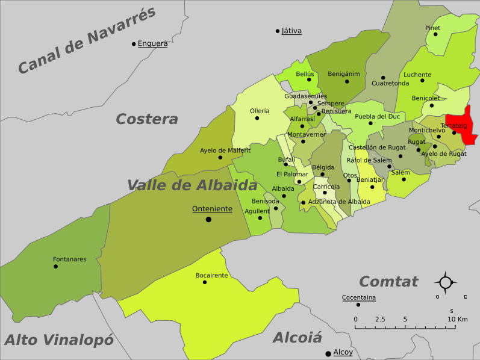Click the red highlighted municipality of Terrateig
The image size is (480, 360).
(x=463, y=123)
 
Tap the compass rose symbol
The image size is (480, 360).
(x=446, y=282)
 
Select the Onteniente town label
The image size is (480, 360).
(x=212, y=209)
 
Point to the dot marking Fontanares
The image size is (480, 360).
(x=55, y=266)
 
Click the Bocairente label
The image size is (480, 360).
(x=211, y=275)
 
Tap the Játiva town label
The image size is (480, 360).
(x=291, y=31)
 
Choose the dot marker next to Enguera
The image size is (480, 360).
(x=134, y=43)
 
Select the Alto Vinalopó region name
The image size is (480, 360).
(x=58, y=340)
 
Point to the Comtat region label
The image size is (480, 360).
(x=388, y=282)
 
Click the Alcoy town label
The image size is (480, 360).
(x=343, y=352)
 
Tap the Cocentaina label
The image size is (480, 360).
(x=358, y=297)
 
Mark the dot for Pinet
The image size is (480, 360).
(x=435, y=34)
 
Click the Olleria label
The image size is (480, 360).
(x=260, y=111)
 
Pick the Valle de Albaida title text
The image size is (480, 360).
(x=192, y=185)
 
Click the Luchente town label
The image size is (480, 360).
(x=417, y=75)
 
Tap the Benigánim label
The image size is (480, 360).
(x=343, y=74)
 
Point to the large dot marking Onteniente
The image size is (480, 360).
(x=208, y=219)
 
